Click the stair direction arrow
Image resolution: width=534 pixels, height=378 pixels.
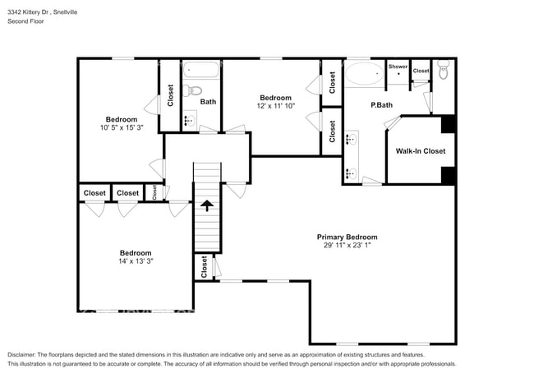[207, 205]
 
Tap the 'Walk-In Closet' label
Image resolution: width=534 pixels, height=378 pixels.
[420, 151]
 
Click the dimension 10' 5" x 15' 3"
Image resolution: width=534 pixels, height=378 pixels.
[121, 128]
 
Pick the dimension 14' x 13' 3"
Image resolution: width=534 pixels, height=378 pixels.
[135, 261]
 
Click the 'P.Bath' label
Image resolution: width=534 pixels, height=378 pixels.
[380, 104]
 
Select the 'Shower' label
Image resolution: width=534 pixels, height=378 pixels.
[398, 67]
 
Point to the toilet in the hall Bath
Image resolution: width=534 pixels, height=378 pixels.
[188, 90]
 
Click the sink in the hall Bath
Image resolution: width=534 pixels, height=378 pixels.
[188, 121]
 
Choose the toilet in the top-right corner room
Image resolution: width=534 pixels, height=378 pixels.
[443, 71]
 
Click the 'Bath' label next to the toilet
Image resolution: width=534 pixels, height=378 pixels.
[208, 102]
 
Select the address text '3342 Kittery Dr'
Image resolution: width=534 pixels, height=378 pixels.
[34, 12]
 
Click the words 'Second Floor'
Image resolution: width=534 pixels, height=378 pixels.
[26, 21]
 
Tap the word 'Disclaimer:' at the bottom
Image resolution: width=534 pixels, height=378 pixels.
[25, 354]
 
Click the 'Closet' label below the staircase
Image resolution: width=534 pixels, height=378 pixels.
[203, 267]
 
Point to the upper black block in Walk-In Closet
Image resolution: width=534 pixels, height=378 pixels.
[448, 124]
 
